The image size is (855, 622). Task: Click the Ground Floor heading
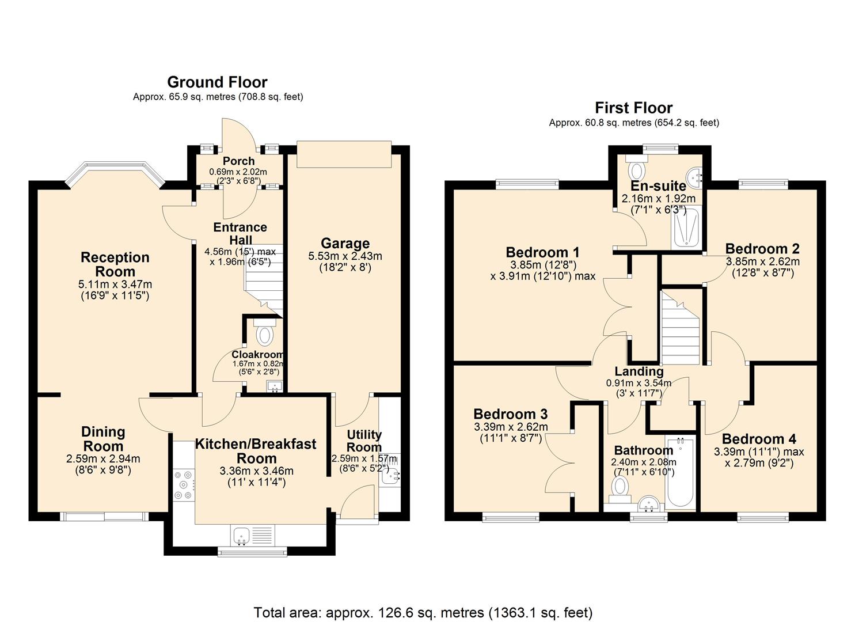pos(217,82)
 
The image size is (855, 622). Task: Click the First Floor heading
pos(633,108)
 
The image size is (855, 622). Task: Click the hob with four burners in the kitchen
pos(184,483)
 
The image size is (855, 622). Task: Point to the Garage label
pos(345,243)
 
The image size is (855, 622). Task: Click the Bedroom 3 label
pos(510,414)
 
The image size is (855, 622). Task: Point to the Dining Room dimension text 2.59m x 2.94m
pos(103,459)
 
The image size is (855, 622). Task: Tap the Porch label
pos(238,161)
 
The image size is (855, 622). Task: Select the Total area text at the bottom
pos(423,612)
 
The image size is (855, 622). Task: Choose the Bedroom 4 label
pos(759,438)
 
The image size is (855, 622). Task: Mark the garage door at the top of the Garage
pos(344,154)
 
